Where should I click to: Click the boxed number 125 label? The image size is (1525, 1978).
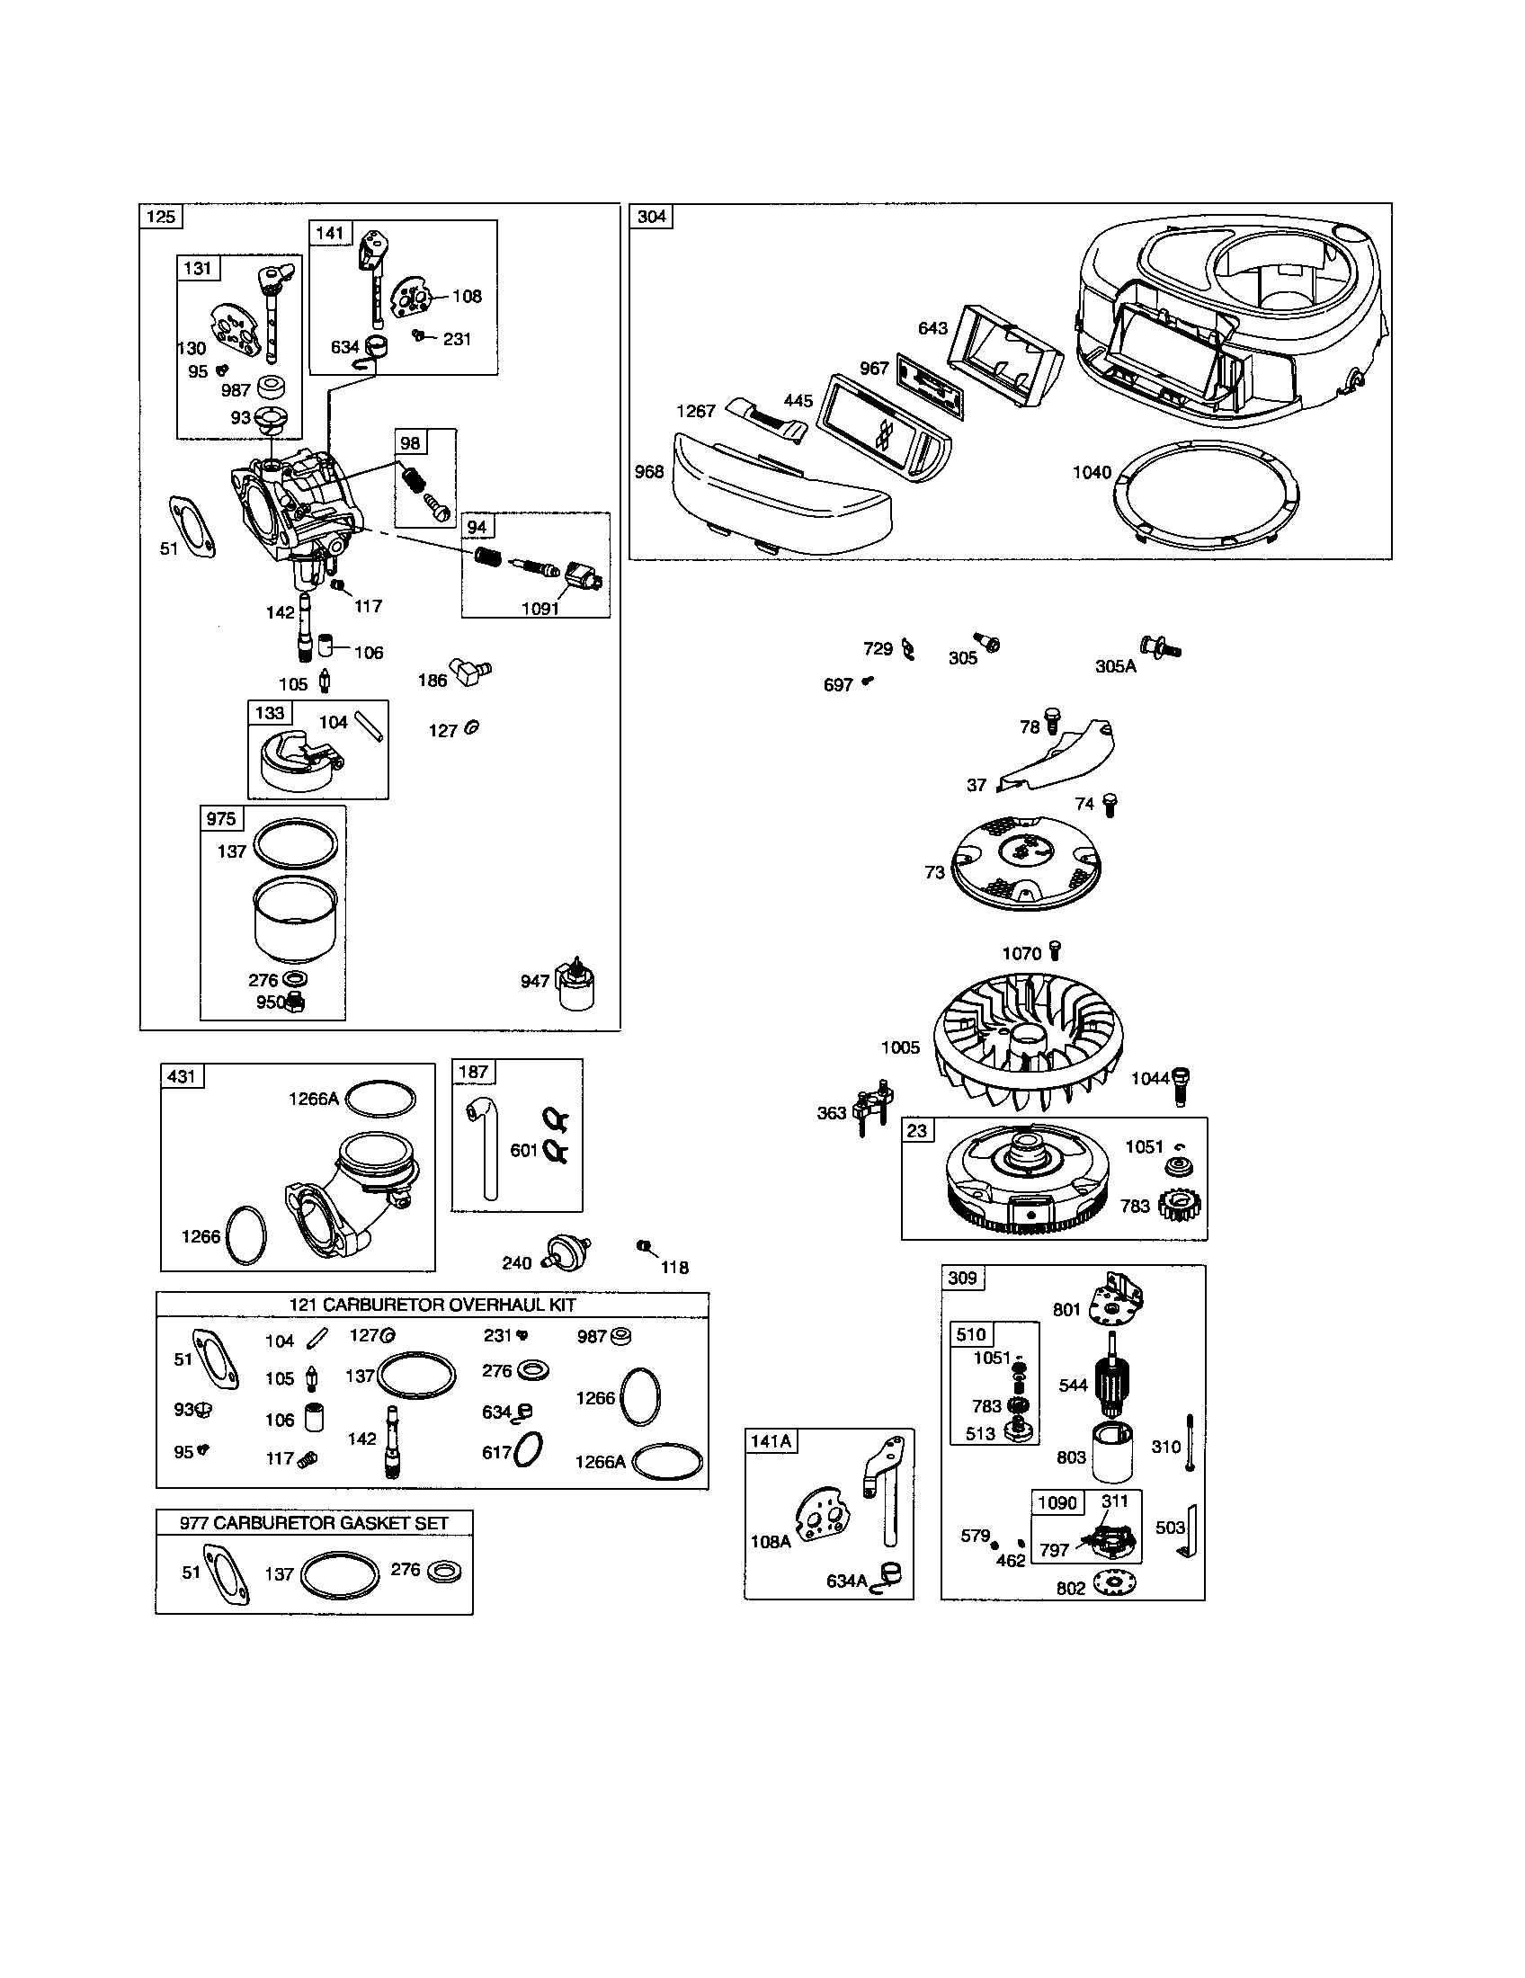(161, 216)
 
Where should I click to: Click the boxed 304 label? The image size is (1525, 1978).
(651, 216)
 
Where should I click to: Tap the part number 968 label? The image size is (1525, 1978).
(649, 472)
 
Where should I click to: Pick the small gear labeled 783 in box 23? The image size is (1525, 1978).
(1180, 1205)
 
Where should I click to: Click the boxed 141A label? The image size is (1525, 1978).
(771, 1441)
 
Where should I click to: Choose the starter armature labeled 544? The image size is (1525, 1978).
(1115, 1382)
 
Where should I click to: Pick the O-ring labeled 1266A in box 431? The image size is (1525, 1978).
(381, 1099)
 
